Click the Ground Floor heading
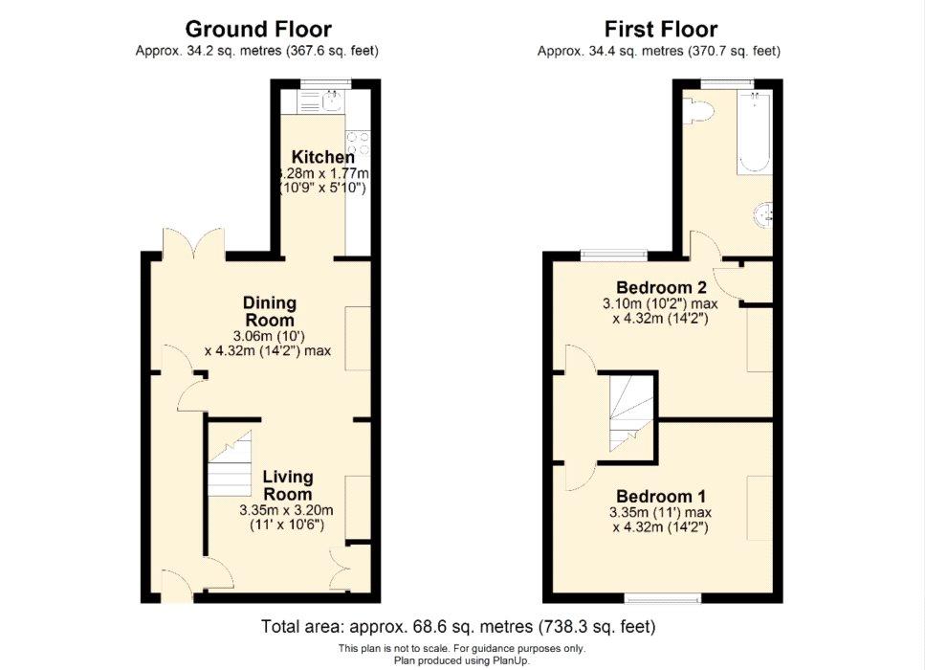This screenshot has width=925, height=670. (258, 29)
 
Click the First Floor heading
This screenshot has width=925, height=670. (661, 29)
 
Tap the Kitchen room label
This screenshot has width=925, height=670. (323, 157)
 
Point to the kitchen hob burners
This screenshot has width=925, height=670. (358, 144)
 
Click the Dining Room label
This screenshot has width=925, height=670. (270, 311)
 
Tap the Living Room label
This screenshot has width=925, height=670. (288, 485)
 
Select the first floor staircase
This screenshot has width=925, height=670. (631, 414)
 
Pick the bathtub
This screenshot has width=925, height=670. (754, 132)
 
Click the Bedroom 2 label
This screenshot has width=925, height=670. (661, 287)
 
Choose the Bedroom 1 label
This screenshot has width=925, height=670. (661, 496)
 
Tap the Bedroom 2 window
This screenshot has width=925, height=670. (613, 255)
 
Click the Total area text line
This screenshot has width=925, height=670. (458, 626)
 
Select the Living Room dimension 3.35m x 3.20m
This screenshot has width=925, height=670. (286, 510)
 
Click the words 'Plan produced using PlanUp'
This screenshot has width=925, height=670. (462, 660)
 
